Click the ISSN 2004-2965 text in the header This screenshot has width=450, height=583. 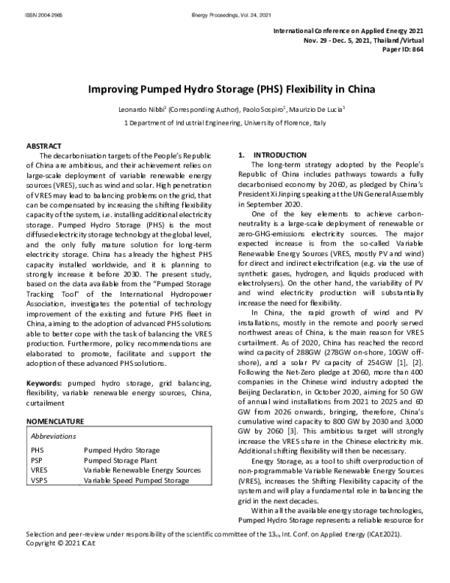click(23, 7)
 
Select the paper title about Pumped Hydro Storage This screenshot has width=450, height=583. click(224, 87)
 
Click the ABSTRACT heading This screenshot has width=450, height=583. click(44, 144)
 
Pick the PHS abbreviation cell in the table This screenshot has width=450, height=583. click(37, 450)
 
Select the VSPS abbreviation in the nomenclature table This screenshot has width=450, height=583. click(40, 479)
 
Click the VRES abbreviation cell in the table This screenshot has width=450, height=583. click(39, 470)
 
